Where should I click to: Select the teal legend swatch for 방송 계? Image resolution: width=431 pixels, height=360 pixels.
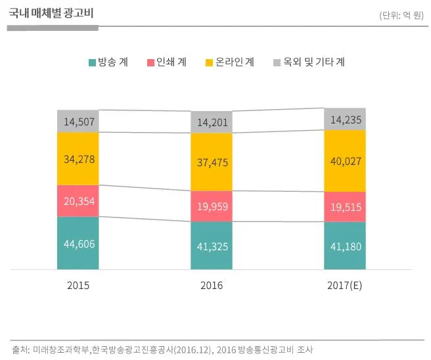click(92, 62)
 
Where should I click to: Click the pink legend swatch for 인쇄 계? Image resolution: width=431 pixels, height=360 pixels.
click(150, 62)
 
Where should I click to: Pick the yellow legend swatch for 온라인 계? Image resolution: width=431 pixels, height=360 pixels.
click(210, 62)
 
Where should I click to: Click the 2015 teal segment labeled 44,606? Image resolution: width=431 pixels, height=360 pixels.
click(78, 243)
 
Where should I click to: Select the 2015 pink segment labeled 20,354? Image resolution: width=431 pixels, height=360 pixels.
click(78, 201)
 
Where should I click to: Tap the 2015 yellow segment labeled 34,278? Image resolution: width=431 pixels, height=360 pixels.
click(78, 158)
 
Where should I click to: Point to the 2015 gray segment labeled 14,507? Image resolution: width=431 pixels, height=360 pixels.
click(78, 121)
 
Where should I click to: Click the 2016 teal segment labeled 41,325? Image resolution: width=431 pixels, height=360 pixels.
click(212, 246)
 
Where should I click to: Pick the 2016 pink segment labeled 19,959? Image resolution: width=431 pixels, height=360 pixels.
click(212, 206)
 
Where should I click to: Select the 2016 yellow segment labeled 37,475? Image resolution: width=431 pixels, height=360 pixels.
click(212, 162)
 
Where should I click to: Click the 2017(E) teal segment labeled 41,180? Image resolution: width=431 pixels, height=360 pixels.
click(345, 246)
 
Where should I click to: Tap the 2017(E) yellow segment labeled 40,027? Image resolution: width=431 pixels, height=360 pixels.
click(345, 161)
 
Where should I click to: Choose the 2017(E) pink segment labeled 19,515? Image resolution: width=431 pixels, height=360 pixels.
click(345, 207)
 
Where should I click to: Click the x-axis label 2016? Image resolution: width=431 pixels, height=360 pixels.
click(212, 286)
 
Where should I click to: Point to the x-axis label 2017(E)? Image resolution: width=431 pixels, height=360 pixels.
click(345, 286)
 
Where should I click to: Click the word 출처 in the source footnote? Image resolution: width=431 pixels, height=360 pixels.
click(20, 349)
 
